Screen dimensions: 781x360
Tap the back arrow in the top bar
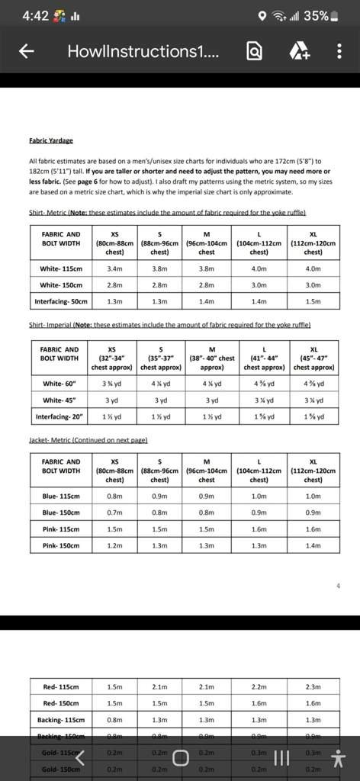coord(27,51)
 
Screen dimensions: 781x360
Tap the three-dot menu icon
coord(339,51)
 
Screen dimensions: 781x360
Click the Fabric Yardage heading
coord(51,140)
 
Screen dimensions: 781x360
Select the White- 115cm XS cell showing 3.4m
coord(114,268)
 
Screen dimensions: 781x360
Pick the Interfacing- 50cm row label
coord(61,301)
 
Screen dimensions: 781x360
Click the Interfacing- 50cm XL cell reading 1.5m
coord(313,301)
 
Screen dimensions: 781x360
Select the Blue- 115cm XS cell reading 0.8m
coord(114,497)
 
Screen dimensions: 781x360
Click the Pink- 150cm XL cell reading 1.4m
coord(313,545)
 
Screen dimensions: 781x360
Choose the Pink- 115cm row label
coord(61,529)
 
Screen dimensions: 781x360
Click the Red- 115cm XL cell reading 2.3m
coord(313,687)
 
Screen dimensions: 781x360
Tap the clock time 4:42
coord(35,15)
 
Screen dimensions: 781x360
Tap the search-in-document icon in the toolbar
coord(255,51)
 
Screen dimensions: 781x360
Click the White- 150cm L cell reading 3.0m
coord(259,284)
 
